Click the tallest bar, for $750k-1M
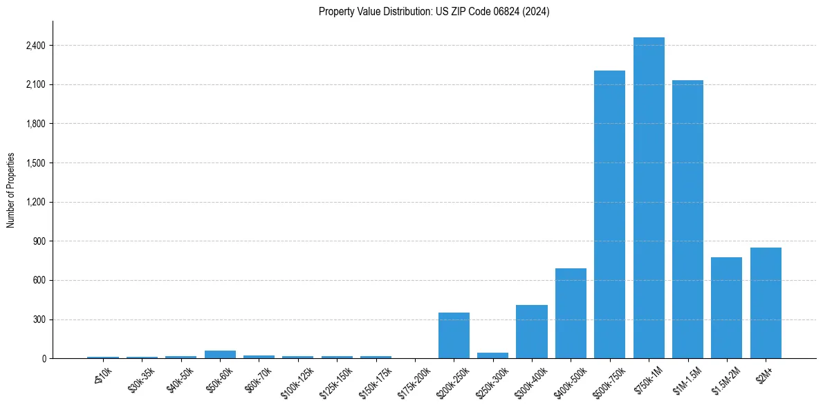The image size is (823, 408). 649,198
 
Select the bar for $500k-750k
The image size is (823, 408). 609,214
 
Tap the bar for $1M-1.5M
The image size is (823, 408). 687,219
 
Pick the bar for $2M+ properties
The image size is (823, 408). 766,303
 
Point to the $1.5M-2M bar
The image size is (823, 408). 726,308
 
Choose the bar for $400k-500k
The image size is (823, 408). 571,313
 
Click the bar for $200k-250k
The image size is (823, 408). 454,335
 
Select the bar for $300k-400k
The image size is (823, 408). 532,332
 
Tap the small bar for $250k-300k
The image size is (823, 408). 492,355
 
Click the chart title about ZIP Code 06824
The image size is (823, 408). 434,12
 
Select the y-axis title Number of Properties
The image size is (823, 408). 11,190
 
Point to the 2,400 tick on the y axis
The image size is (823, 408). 35,46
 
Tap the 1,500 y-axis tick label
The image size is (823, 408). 35,163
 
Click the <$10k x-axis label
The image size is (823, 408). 102,376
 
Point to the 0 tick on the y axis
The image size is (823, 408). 44,359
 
